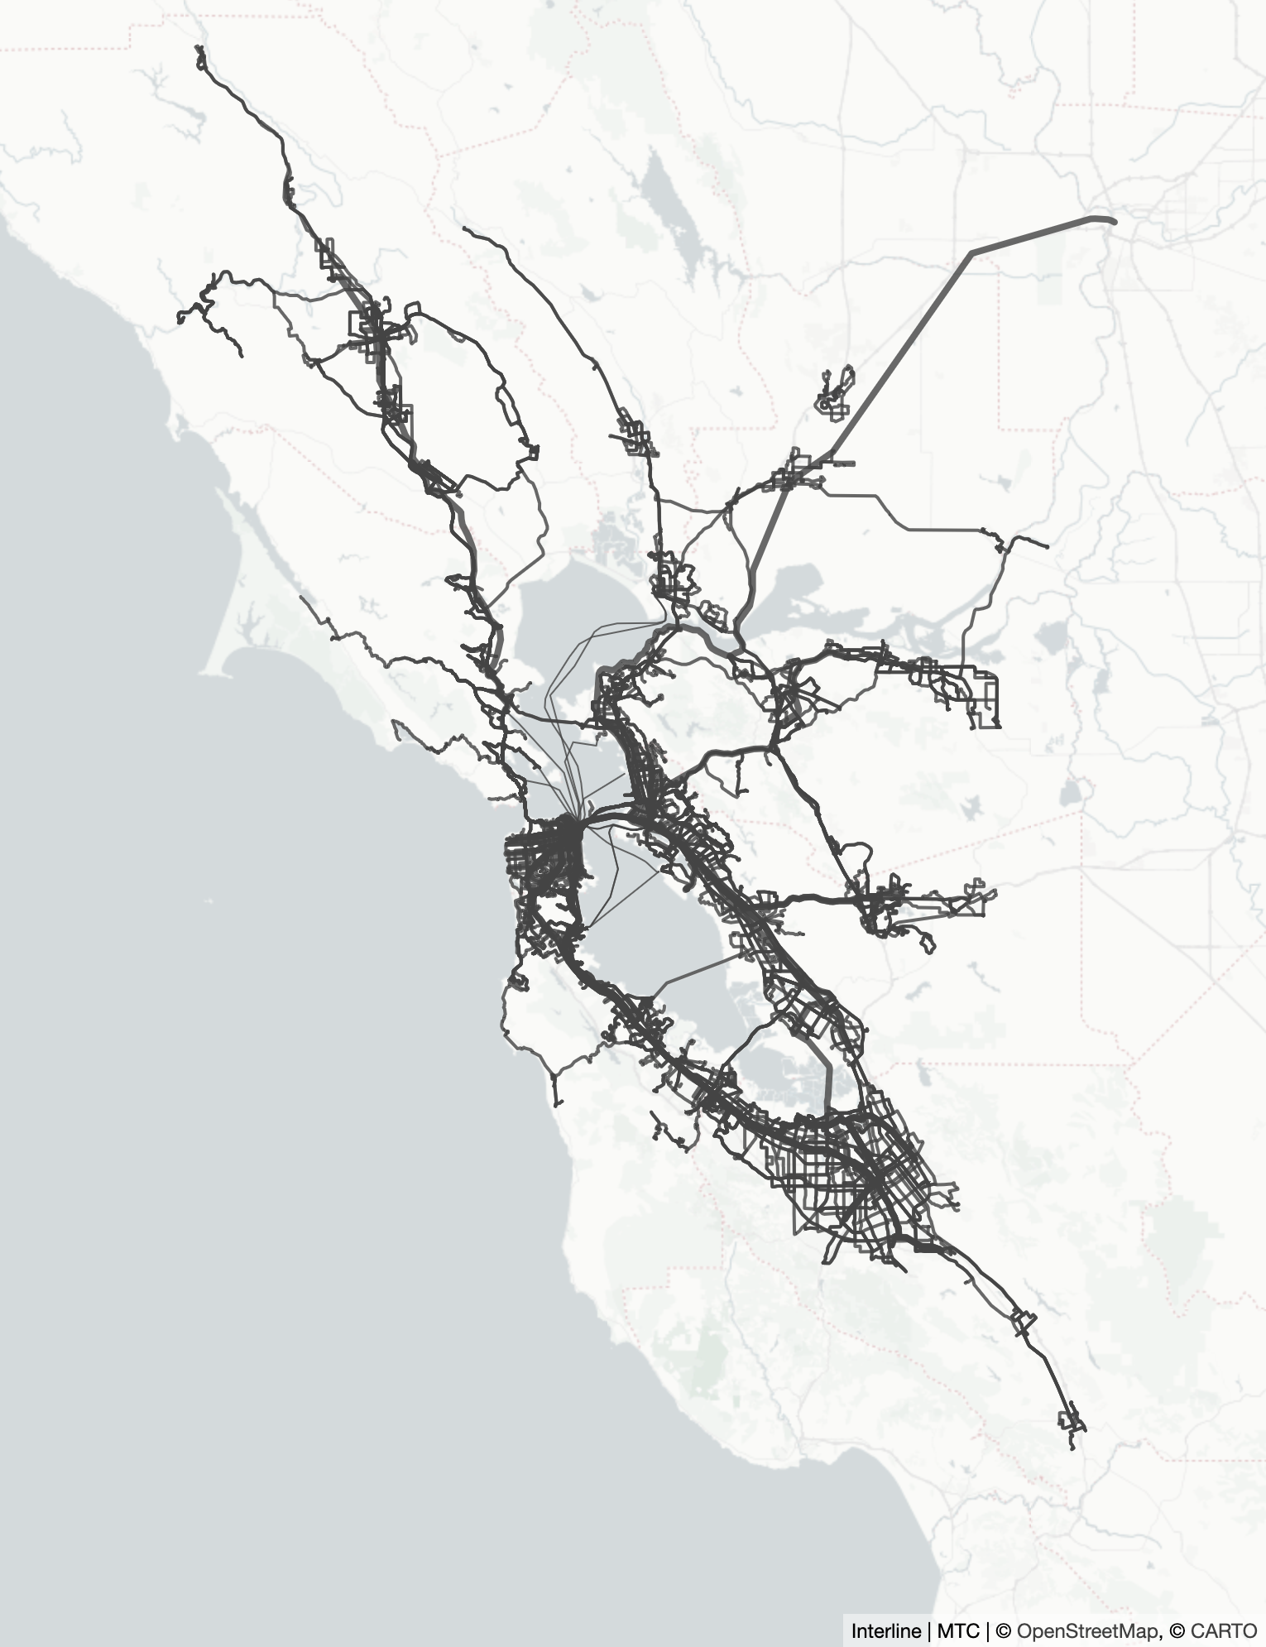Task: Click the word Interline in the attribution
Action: [885, 1631]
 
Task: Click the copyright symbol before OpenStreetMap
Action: [1004, 1631]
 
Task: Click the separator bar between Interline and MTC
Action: [929, 1631]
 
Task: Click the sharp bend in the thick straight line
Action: [972, 252]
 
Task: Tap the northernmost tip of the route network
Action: [199, 48]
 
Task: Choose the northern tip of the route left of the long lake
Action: [465, 228]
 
